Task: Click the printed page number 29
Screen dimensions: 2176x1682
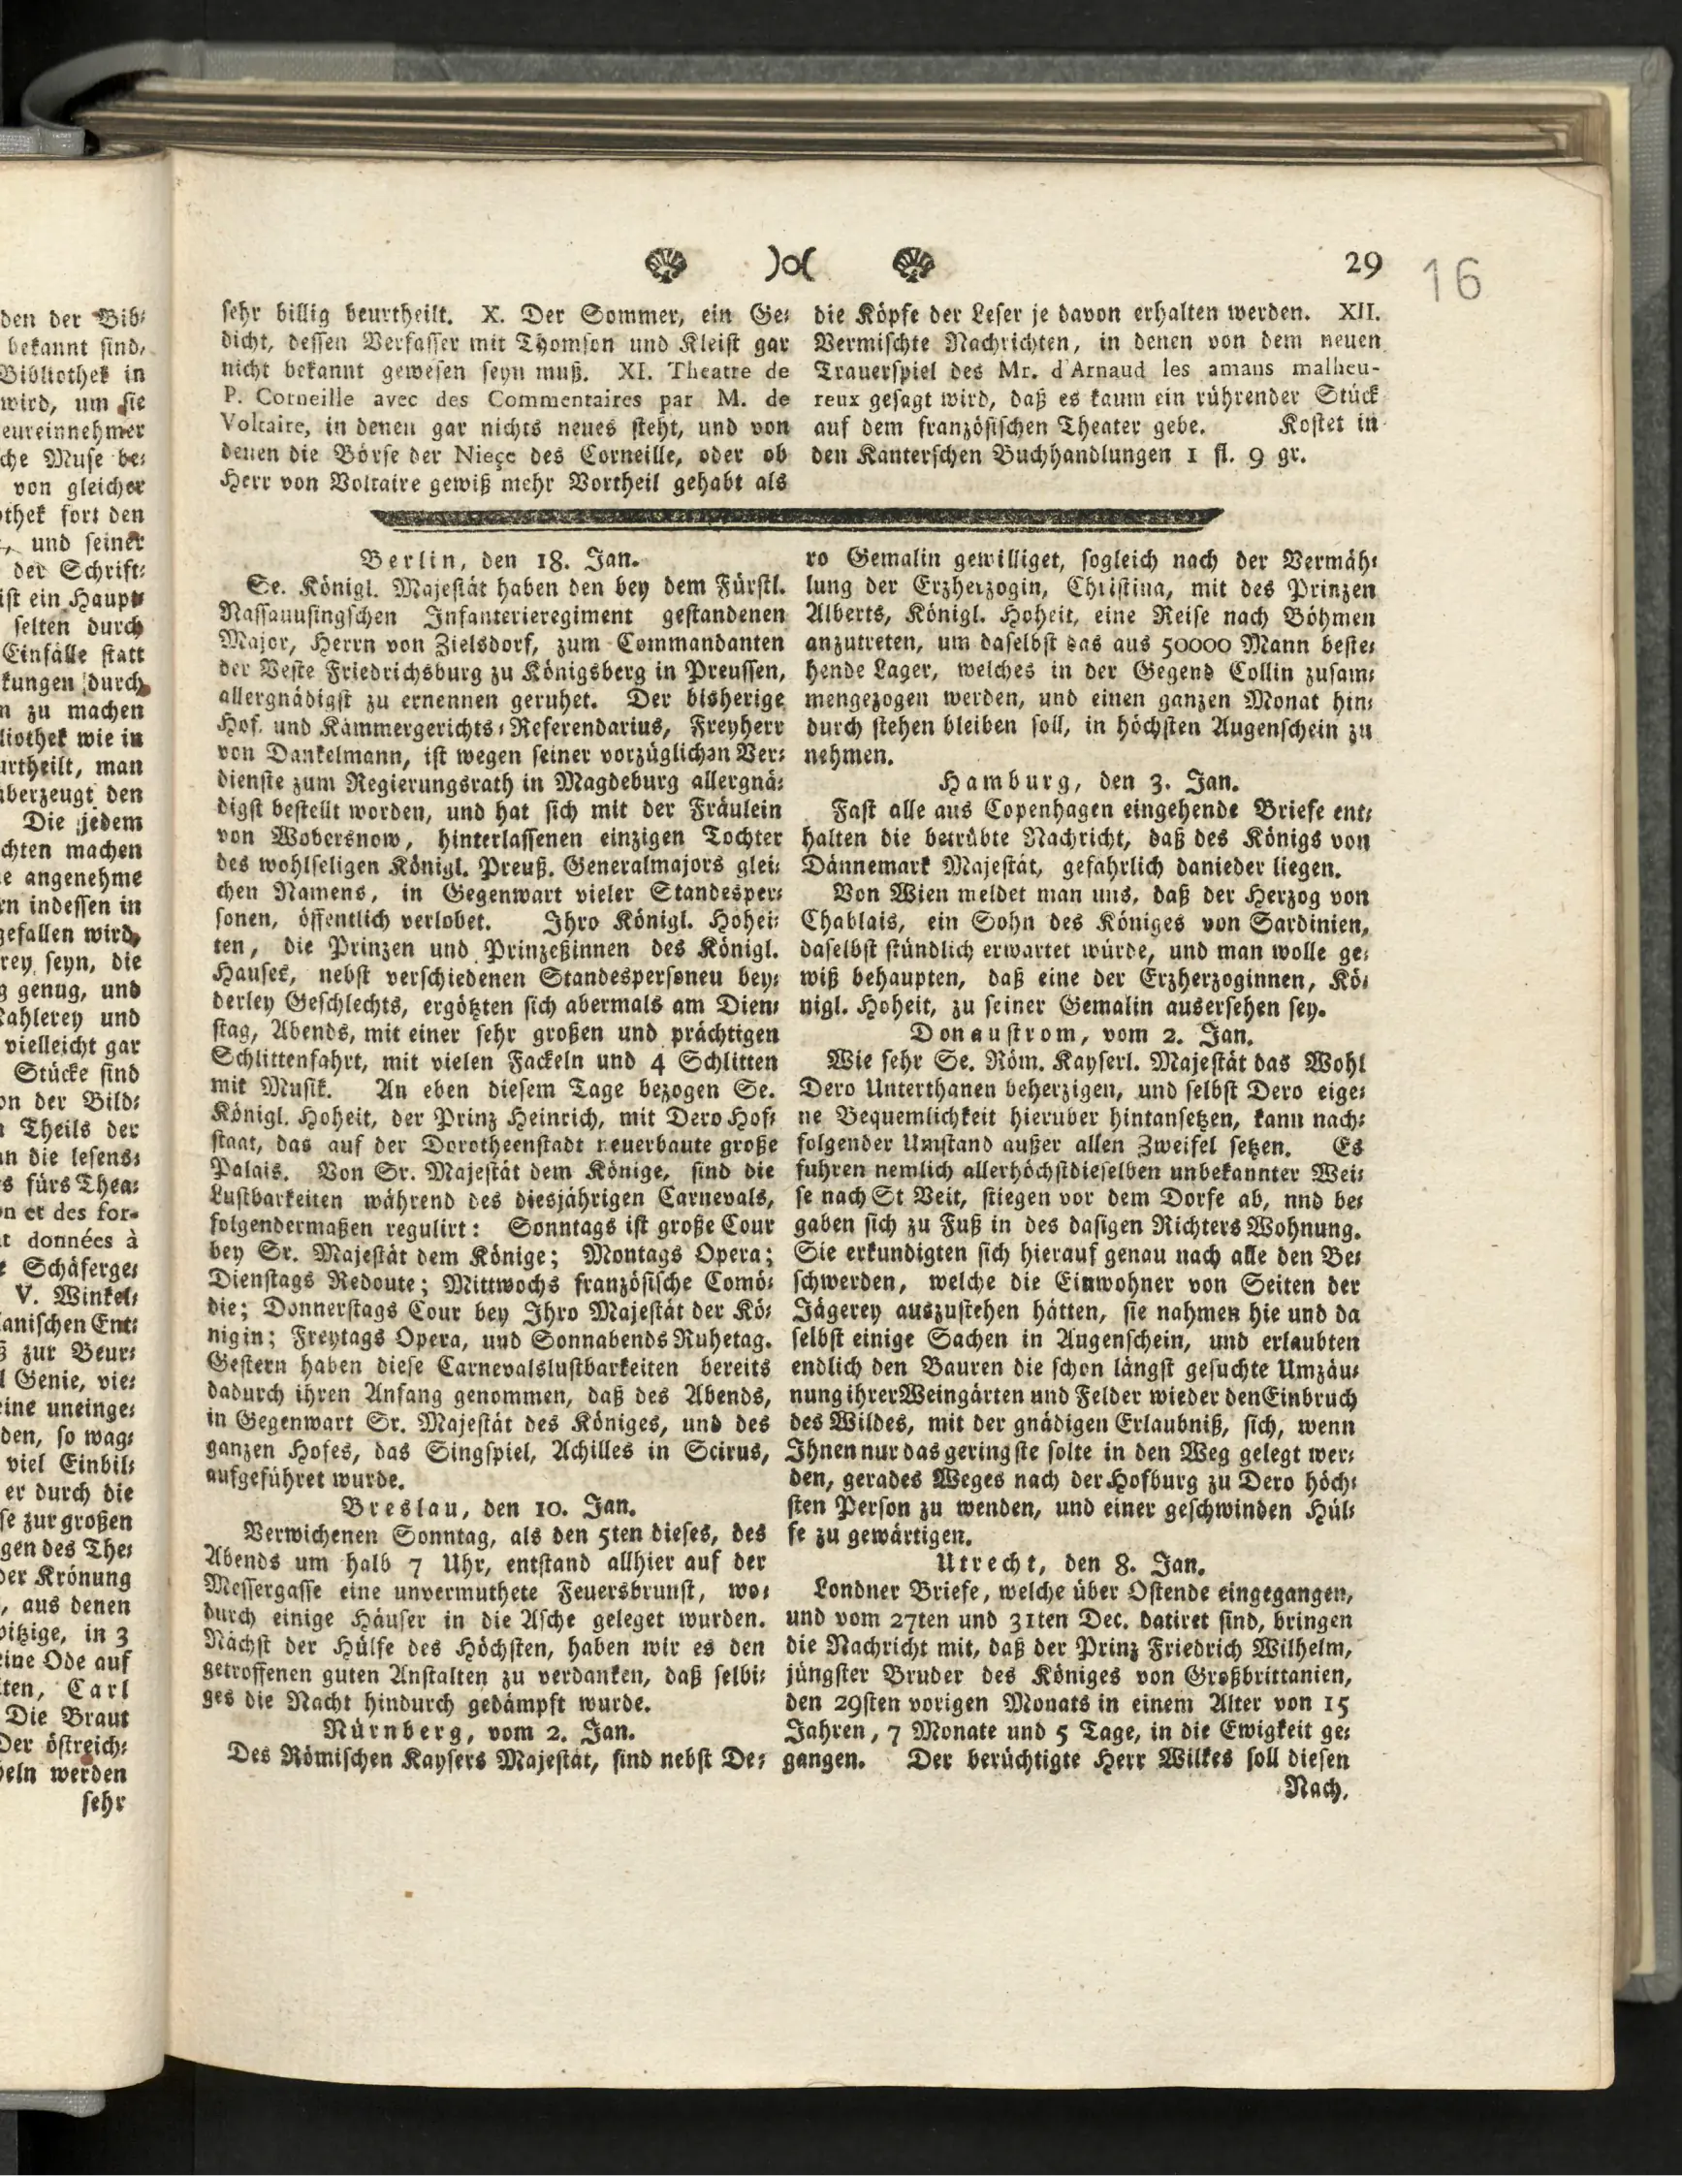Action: pyautogui.click(x=1362, y=264)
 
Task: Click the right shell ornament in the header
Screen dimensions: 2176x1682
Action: pyautogui.click(x=915, y=264)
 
